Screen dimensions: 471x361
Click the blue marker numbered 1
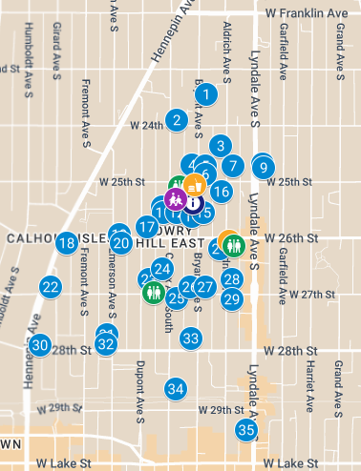206,94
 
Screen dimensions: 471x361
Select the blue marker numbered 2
176,119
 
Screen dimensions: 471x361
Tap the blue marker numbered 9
263,168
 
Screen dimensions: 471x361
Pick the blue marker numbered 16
221,192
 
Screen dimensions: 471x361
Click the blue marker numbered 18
67,243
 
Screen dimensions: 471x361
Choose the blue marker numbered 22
51,286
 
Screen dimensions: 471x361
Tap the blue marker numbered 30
39,345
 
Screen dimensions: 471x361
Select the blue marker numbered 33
191,338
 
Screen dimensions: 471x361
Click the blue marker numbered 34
175,388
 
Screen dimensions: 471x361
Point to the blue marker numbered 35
246,430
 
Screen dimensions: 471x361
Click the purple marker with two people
174,199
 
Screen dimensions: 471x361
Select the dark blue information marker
193,202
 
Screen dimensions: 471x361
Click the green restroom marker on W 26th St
236,245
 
